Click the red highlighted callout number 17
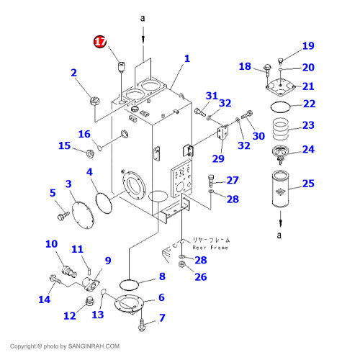pos(99,43)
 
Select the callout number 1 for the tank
pos(186,58)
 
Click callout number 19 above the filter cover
pos(308,46)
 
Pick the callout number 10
pos(51,245)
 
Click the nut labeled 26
pos(184,271)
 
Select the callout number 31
pos(211,96)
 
